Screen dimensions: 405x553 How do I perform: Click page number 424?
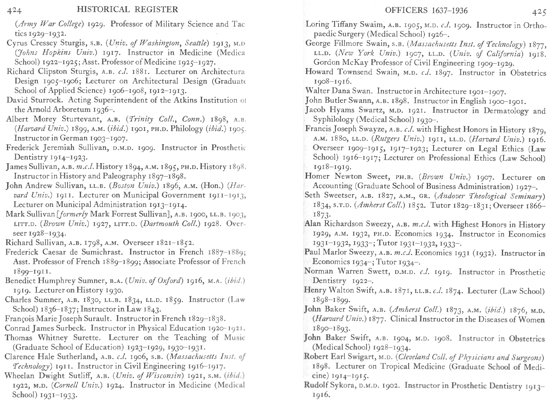tap(14, 11)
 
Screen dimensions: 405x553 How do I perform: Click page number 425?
tap(539, 12)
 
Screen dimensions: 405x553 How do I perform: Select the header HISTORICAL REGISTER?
tap(127, 9)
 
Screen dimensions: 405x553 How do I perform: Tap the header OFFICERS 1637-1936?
tap(426, 11)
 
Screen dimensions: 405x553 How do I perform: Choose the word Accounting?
tap(332, 186)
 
